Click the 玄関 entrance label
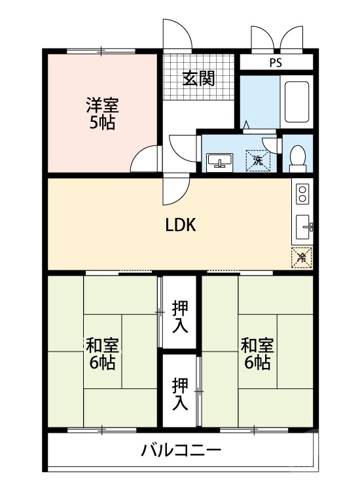click(x=198, y=79)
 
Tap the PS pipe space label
click(x=276, y=63)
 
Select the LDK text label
click(x=180, y=226)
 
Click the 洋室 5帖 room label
click(x=102, y=113)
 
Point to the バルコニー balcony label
click(x=181, y=450)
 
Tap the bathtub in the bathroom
click(x=298, y=101)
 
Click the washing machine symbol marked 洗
click(x=257, y=159)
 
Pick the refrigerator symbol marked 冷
click(x=302, y=257)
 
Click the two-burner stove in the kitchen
click(x=302, y=194)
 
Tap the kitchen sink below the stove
click(x=303, y=227)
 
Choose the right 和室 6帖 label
click(x=257, y=354)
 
